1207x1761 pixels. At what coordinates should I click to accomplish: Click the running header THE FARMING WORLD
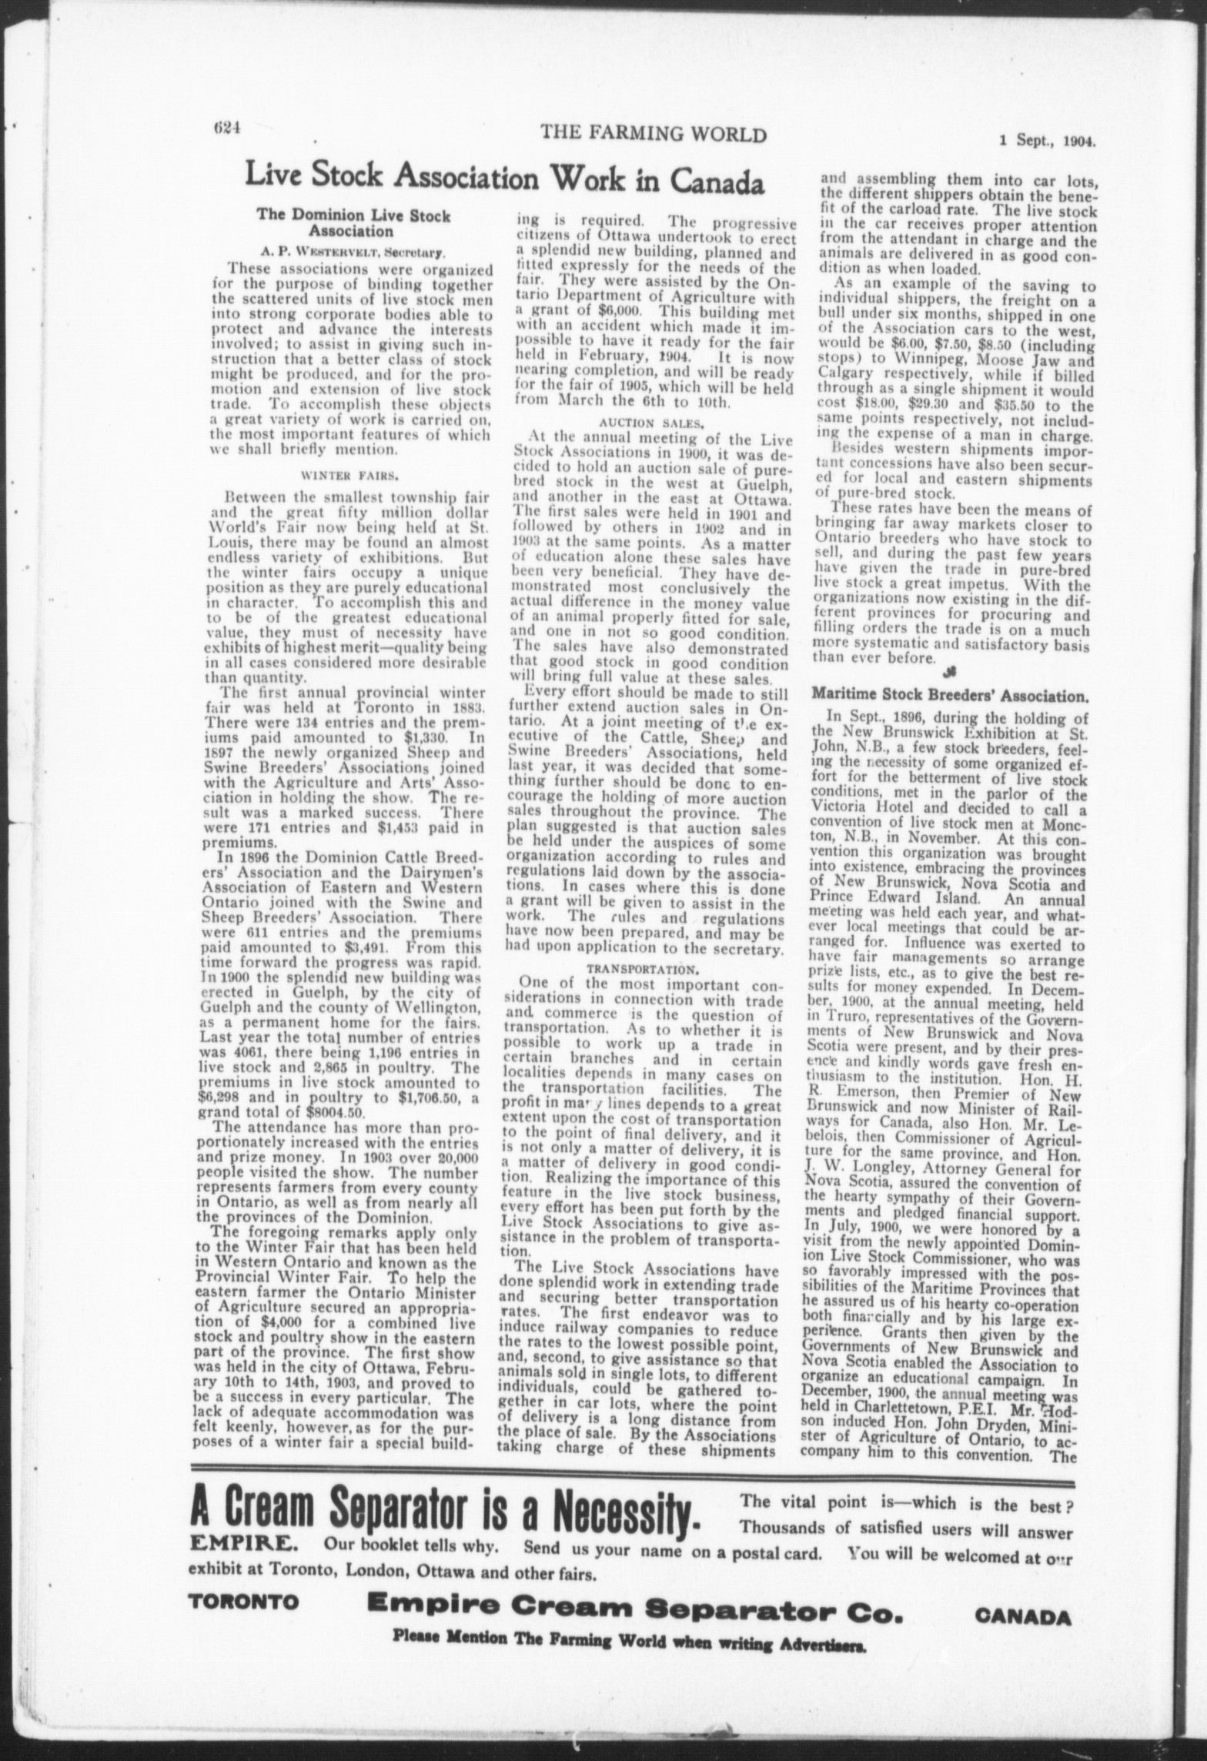click(x=654, y=135)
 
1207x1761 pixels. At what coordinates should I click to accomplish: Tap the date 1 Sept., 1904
click(x=1047, y=141)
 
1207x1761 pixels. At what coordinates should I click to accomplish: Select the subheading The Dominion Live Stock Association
click(x=353, y=222)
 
